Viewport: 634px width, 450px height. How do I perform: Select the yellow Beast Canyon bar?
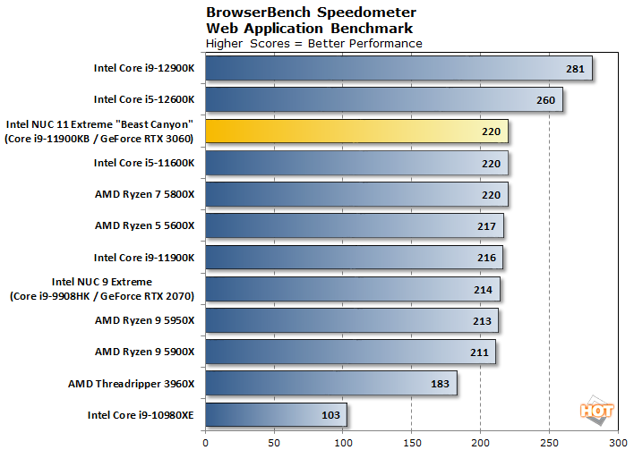pyautogui.click(x=356, y=132)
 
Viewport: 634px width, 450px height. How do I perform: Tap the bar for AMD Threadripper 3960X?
pyautogui.click(x=331, y=384)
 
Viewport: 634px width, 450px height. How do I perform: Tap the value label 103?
pyautogui.click(x=331, y=416)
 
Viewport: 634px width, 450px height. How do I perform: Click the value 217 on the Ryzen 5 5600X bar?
pyautogui.click(x=487, y=226)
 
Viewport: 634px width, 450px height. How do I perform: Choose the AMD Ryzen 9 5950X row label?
pyautogui.click(x=144, y=320)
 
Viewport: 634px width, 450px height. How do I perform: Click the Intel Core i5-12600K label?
pyautogui.click(x=143, y=100)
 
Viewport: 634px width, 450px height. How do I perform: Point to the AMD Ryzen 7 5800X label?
pyautogui.click(x=144, y=194)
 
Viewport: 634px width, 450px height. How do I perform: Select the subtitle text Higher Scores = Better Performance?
pyautogui.click(x=313, y=43)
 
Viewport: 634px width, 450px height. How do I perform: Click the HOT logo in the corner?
pyautogui.click(x=597, y=411)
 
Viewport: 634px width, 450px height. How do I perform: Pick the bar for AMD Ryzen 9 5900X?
pyautogui.click(x=349, y=352)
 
